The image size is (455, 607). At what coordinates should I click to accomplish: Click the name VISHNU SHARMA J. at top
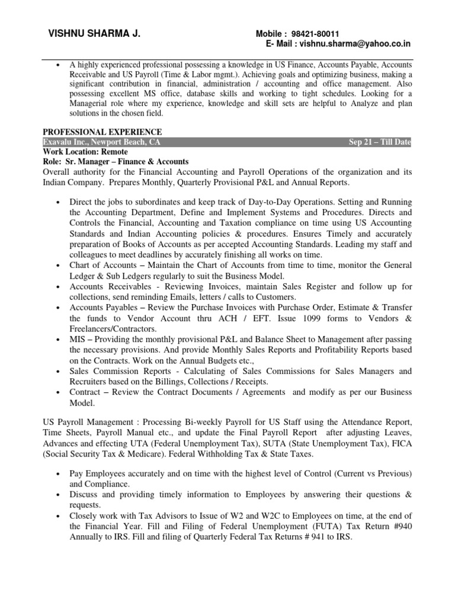[94, 34]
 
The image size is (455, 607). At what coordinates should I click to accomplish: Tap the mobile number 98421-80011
[315, 34]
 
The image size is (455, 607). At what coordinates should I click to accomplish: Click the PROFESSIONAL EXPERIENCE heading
[102, 132]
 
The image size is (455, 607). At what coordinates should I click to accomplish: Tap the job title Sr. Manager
[93, 161]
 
